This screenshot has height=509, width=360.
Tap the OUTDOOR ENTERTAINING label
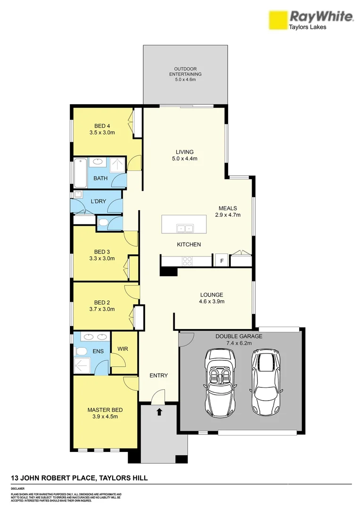(x=185, y=72)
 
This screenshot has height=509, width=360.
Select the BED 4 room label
(x=102, y=126)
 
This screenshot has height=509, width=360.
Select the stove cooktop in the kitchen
(x=187, y=261)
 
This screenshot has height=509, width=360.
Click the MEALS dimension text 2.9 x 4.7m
(x=228, y=215)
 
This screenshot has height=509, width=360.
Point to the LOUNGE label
(x=211, y=295)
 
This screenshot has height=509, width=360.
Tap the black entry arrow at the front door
(x=159, y=411)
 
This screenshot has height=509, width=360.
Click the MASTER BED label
(x=105, y=410)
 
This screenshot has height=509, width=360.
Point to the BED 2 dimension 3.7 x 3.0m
(x=102, y=309)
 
